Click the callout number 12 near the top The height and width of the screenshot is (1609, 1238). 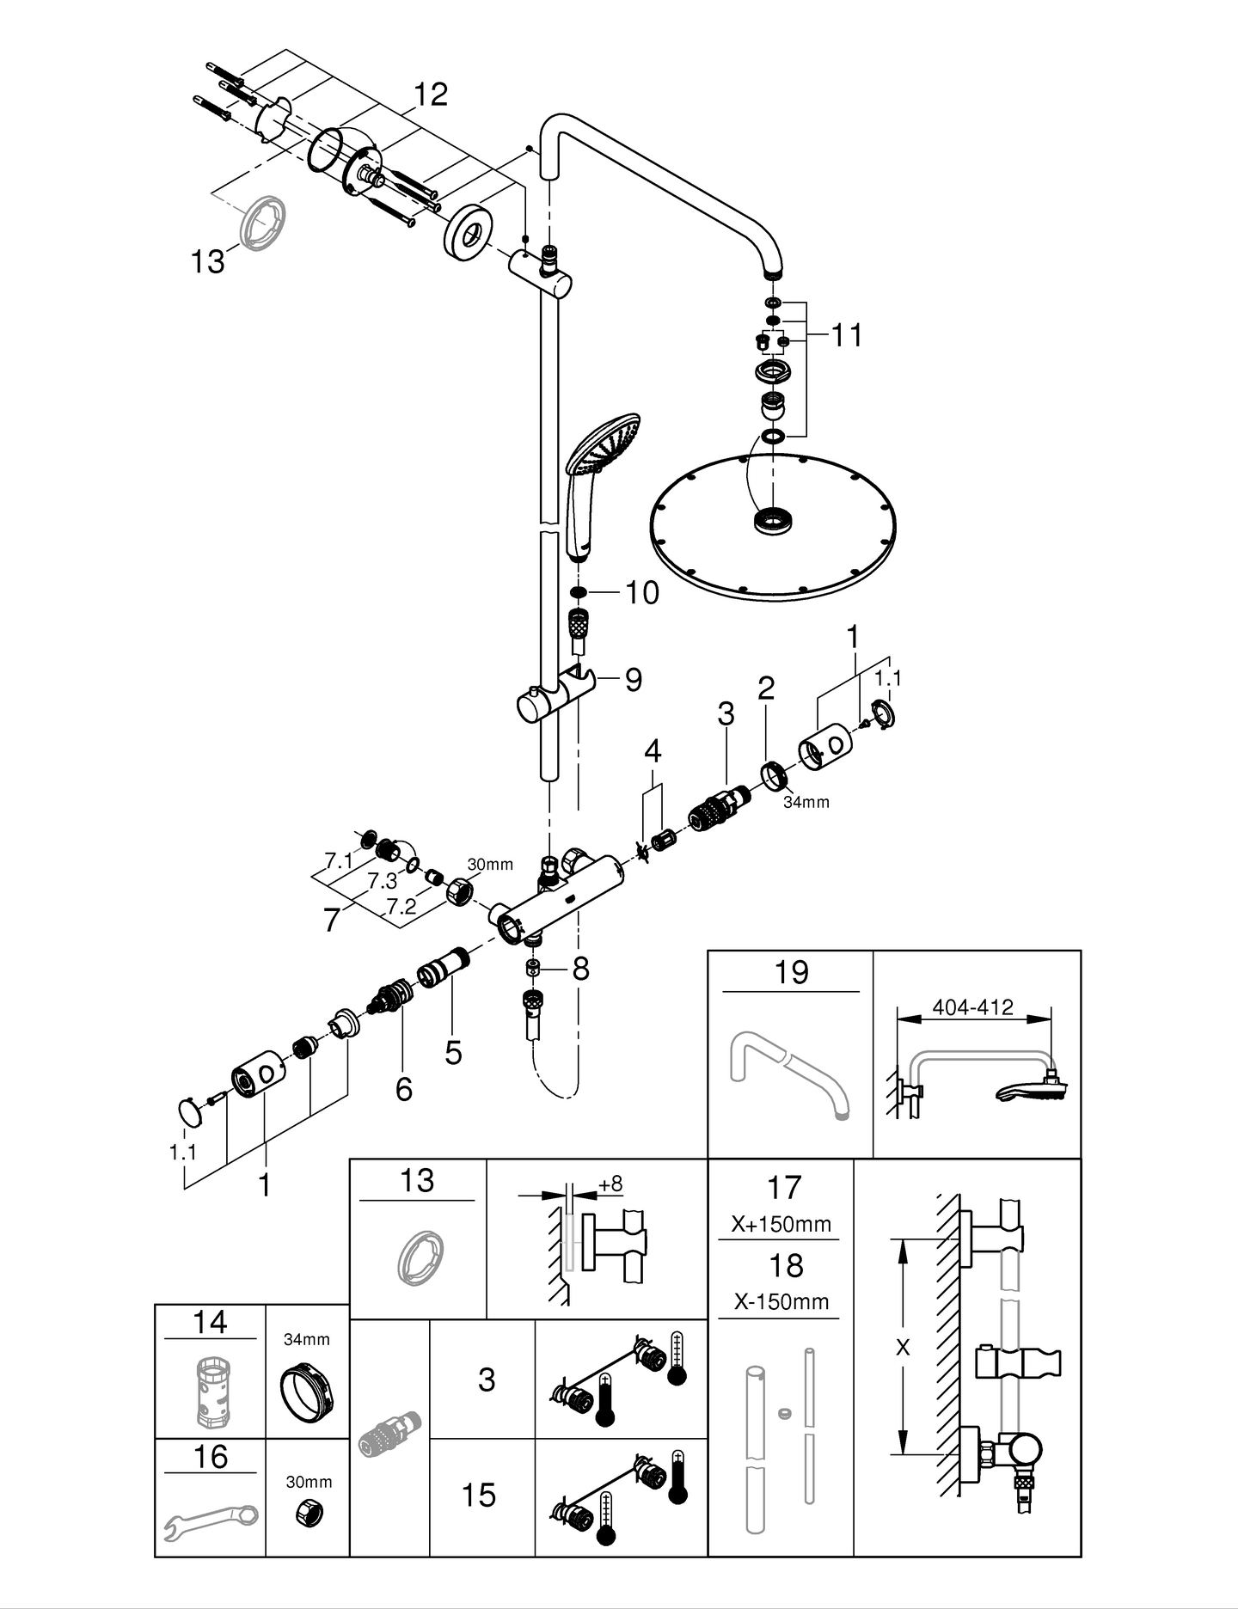click(431, 95)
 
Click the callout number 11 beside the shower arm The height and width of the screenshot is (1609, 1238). click(846, 335)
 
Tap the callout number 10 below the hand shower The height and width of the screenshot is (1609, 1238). click(641, 592)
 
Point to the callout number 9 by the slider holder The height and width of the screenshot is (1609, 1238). click(633, 680)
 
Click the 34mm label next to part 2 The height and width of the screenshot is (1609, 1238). click(806, 802)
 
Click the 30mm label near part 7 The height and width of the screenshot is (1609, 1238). click(490, 864)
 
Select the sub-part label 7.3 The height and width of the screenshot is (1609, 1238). click(383, 881)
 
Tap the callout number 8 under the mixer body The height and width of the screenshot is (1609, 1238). click(580, 970)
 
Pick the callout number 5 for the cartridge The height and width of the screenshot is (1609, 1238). click(453, 1052)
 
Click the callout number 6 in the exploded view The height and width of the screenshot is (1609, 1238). click(403, 1089)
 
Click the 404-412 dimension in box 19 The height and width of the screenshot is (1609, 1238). click(972, 1006)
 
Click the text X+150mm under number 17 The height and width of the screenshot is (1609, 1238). click(781, 1224)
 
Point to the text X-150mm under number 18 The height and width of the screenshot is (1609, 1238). click(781, 1301)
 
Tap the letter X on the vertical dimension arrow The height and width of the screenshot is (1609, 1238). click(902, 1348)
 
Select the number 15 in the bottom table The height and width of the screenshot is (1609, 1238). click(479, 1495)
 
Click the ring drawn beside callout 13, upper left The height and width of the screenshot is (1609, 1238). click(262, 222)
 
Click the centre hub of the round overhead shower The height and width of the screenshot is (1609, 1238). click(773, 521)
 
